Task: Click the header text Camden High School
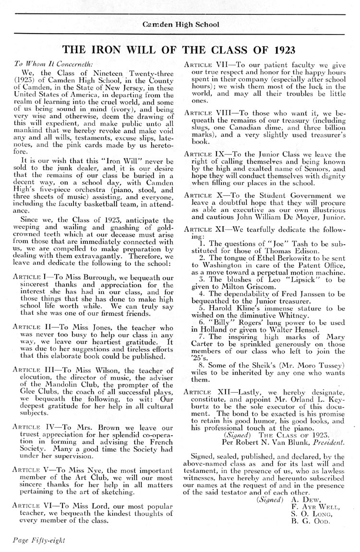(180, 25)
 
